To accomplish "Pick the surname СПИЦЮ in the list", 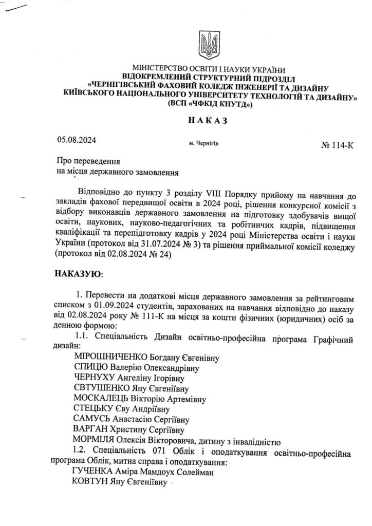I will coord(91,368).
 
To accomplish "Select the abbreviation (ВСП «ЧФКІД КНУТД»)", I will coord(208,104).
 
